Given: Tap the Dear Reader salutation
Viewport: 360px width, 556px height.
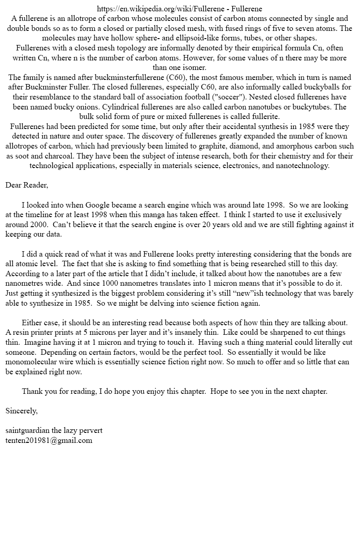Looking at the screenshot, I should (27, 185).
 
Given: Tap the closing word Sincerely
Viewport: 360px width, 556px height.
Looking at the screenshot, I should (21, 411).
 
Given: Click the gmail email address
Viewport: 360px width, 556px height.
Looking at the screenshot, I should (49, 440).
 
